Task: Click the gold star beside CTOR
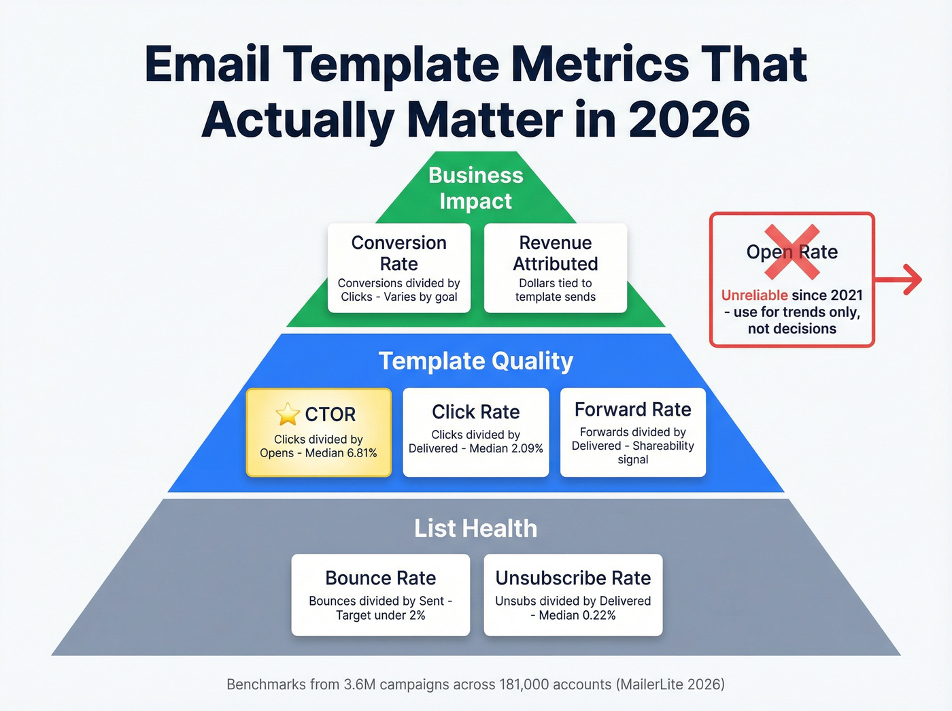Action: (288, 414)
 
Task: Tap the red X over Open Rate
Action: (792, 252)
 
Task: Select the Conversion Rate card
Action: (399, 268)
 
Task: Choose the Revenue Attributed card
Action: (556, 268)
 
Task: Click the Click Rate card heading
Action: (476, 412)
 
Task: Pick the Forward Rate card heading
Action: (632, 410)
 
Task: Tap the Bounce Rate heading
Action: (381, 578)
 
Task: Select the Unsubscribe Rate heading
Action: (573, 578)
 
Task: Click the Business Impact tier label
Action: (476, 188)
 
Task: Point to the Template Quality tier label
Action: (476, 361)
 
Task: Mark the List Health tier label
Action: (476, 528)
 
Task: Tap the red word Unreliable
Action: (754, 295)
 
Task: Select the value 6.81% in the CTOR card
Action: (360, 453)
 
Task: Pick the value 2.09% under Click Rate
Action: (527, 448)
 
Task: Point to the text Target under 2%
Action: (381, 615)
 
